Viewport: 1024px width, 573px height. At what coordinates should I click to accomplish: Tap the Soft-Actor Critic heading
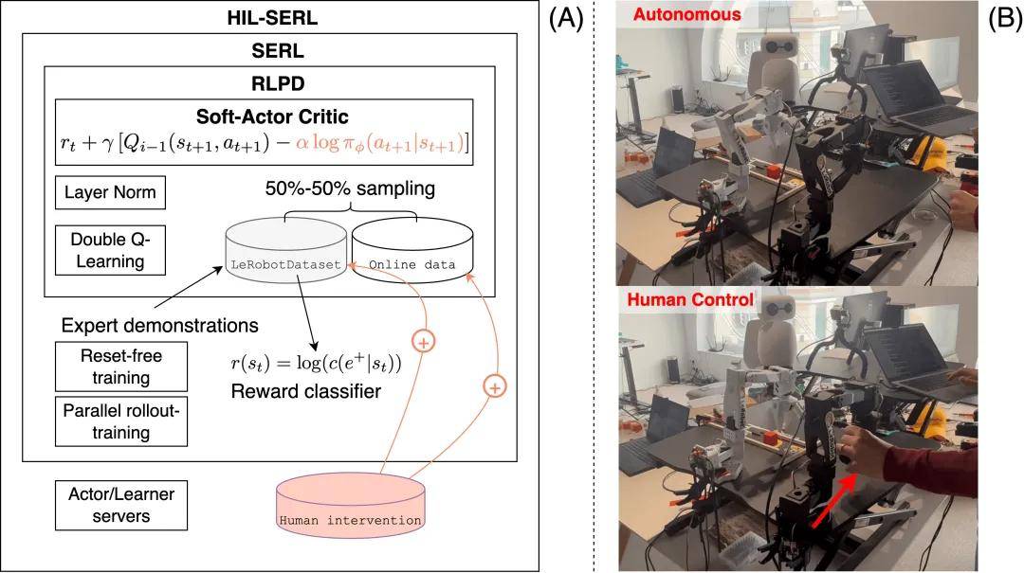click(271, 117)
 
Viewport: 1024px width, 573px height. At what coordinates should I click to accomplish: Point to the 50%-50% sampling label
click(349, 188)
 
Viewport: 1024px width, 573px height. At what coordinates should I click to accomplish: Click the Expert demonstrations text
click(159, 326)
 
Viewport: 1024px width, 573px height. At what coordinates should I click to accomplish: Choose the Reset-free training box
click(120, 366)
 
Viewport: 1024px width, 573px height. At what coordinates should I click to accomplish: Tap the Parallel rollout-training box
click(120, 421)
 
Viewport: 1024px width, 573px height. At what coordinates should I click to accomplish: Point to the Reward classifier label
click(306, 390)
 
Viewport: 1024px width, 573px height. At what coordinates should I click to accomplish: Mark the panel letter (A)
click(567, 18)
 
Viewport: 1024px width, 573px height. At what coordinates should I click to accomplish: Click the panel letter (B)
click(1004, 18)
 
